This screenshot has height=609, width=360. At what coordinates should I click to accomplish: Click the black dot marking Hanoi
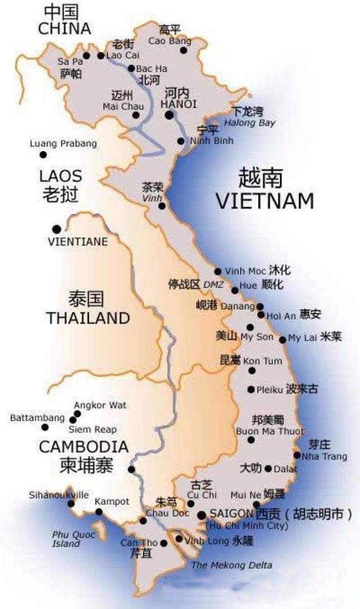point(169,115)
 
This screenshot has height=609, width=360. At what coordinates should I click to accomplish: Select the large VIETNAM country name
point(265,201)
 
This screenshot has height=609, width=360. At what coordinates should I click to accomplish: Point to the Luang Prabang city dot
point(43,155)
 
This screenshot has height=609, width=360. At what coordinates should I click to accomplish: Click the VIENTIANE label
point(77,241)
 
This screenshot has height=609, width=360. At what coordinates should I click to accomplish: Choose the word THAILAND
point(88,318)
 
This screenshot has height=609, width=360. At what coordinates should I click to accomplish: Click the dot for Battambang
point(45,427)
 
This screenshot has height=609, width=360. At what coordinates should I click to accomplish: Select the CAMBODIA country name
point(83,448)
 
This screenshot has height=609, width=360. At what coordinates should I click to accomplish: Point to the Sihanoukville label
point(58,495)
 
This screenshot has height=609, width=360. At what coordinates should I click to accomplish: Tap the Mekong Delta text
point(231,565)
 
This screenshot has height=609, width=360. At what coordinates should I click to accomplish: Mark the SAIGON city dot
point(201,515)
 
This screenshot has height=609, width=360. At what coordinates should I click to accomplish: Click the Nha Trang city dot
point(297,455)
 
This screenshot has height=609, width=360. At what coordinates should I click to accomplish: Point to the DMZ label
point(213,285)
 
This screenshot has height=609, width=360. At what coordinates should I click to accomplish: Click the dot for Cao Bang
point(183,51)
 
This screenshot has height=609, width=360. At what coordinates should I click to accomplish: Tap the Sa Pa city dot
point(86,56)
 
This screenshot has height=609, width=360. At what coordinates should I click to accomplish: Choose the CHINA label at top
point(64,29)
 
